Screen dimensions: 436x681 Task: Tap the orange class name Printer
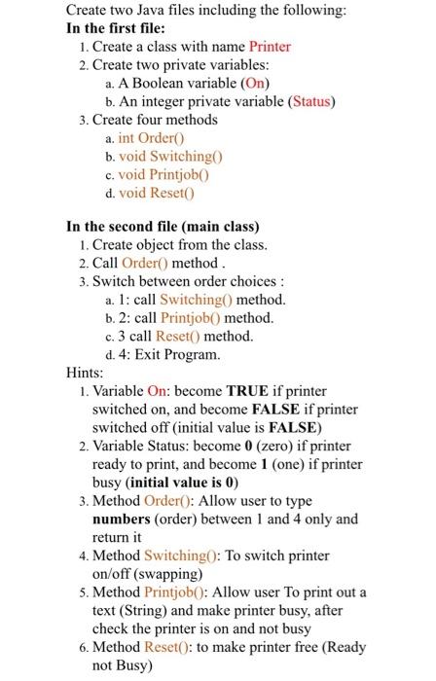[x=270, y=47]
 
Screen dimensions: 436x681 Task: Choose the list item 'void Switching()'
[x=170, y=157]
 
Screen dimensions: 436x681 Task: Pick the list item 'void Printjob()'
[x=163, y=175]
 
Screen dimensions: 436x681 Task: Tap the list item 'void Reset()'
[x=157, y=194]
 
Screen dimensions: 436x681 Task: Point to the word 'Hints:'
[x=84, y=373]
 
